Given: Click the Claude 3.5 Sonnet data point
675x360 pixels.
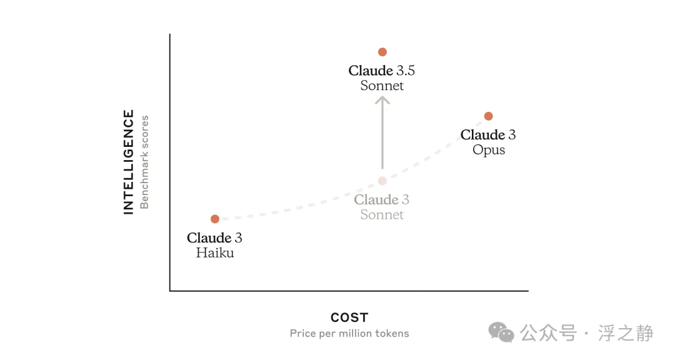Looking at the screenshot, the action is coord(382,52).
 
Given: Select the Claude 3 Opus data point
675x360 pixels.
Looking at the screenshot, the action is coord(488,116).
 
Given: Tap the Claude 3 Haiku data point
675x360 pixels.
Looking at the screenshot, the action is coord(215,219).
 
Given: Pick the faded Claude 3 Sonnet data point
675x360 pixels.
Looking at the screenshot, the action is coord(382,181).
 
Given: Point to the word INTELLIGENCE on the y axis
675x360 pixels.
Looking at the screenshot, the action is coord(129,162).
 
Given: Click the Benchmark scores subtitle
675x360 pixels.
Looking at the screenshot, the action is coord(144,162).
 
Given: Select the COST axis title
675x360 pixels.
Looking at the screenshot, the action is coord(349,317).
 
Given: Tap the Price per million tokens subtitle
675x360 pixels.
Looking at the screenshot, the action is coord(349,333).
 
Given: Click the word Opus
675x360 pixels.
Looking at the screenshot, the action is coord(489,150).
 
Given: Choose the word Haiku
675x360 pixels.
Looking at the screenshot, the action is coord(215,252).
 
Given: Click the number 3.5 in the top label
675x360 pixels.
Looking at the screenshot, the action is coord(406,71).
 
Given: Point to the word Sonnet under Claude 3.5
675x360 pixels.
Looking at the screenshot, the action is coord(382,86).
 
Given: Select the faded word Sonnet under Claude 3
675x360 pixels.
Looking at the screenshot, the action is coord(382,215).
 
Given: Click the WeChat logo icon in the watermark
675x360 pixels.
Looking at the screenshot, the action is coord(501,332).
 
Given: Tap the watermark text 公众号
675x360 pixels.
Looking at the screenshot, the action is coord(548,333).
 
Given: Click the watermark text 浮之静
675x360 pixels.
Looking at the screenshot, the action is coord(626,333).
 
